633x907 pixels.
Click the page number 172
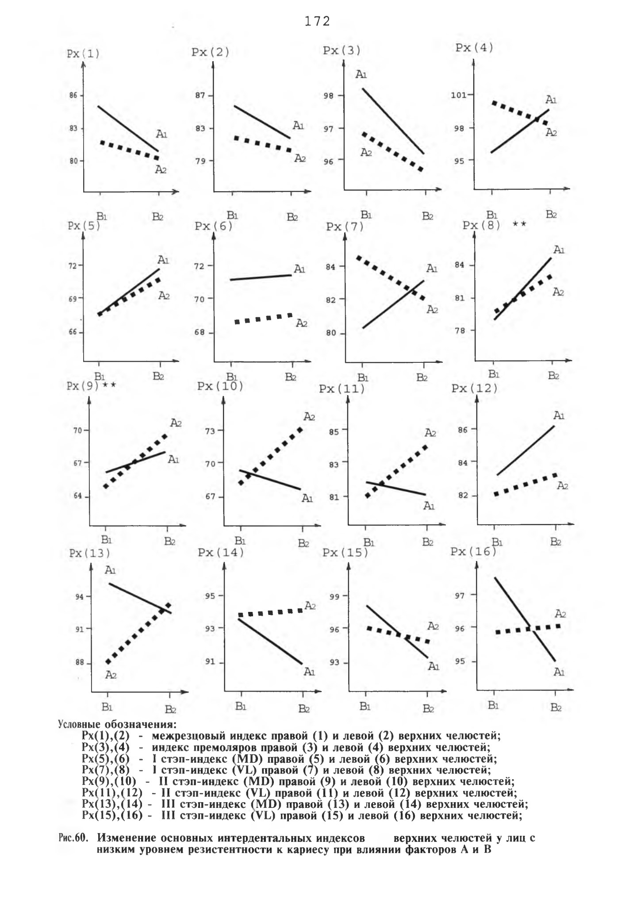318,21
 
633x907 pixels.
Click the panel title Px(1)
83,54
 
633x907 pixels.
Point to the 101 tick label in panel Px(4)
459,95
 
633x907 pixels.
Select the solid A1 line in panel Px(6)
261,277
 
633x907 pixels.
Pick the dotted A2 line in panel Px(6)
264,318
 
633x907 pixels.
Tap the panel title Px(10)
220,386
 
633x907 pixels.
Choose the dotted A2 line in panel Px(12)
526,484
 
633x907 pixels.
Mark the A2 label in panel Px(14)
310,606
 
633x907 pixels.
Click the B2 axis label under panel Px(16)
556,707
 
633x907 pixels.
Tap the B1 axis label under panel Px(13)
107,707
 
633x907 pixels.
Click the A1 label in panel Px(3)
361,74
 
